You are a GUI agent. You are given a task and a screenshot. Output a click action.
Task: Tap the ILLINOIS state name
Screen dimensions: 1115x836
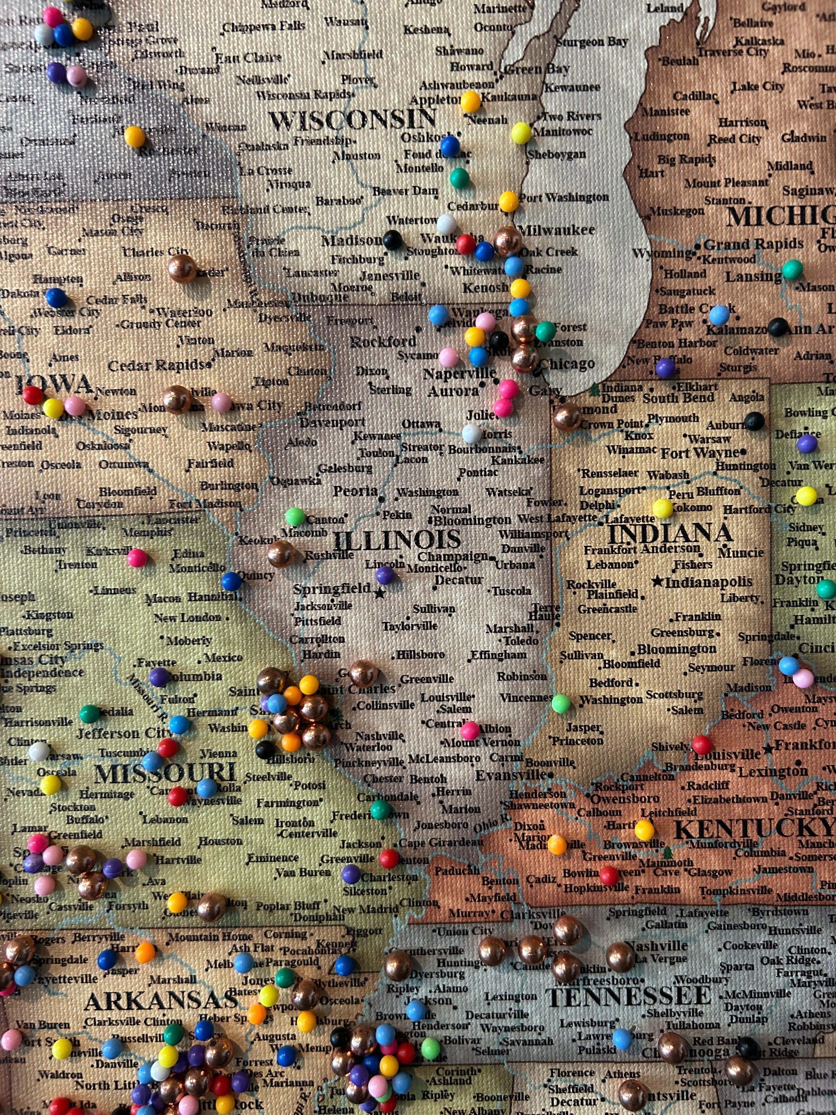point(397,540)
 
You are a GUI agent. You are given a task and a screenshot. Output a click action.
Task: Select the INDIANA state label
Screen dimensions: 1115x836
point(670,533)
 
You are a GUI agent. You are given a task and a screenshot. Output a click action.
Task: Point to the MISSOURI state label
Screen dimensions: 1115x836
point(165,773)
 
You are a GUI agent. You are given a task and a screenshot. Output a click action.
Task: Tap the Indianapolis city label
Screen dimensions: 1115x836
point(708,582)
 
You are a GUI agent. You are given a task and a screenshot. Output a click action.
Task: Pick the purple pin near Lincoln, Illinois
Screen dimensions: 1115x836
point(385,575)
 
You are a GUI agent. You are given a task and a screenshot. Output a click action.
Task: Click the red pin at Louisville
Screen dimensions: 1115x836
point(701,744)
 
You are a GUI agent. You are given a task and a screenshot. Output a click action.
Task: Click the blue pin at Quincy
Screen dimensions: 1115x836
point(231,581)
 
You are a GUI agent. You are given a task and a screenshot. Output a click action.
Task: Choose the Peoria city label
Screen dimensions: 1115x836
point(355,491)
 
